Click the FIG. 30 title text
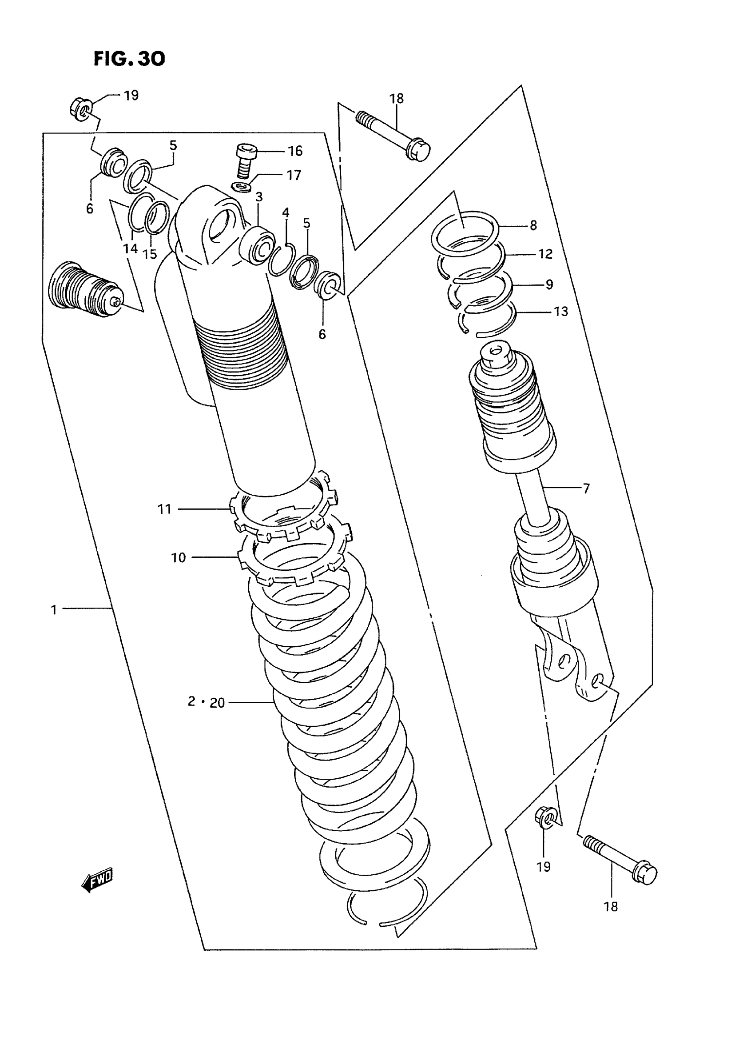pos(129,59)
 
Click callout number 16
pos(295,151)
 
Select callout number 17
pos(294,175)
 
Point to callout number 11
pos(164,508)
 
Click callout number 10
pos(178,557)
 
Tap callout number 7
pos(586,488)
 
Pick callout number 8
pos(533,225)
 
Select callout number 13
pos(561,312)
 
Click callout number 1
pos(54,610)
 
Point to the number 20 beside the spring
pos(218,703)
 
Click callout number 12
pos(545,254)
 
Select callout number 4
pos(286,213)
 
